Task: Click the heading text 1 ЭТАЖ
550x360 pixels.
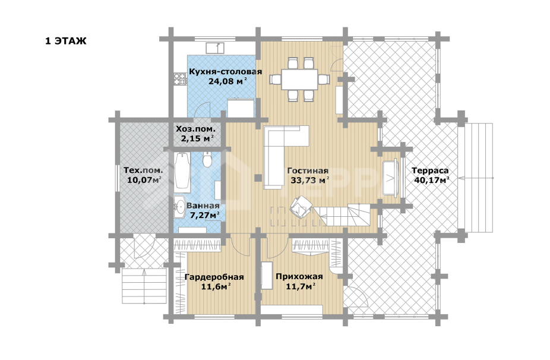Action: [65, 41]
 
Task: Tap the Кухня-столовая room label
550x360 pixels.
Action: [226, 72]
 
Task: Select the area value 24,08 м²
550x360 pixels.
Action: [227, 81]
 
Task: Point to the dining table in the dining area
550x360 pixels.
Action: [299, 79]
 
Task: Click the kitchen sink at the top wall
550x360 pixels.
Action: [215, 48]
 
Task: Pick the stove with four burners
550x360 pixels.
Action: [181, 78]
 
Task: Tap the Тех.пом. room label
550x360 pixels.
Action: [143, 170]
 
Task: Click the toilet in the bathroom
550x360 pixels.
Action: [207, 160]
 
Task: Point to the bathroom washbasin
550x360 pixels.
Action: [179, 207]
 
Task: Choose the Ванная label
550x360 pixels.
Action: [203, 206]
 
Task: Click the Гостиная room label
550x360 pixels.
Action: [308, 171]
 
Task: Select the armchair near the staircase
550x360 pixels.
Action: [301, 207]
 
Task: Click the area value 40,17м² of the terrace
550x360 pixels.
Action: [432, 181]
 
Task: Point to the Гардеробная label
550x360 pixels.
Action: [214, 277]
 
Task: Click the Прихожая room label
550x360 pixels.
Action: [299, 276]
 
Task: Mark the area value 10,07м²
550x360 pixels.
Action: [144, 181]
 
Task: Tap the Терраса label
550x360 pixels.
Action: [430, 171]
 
